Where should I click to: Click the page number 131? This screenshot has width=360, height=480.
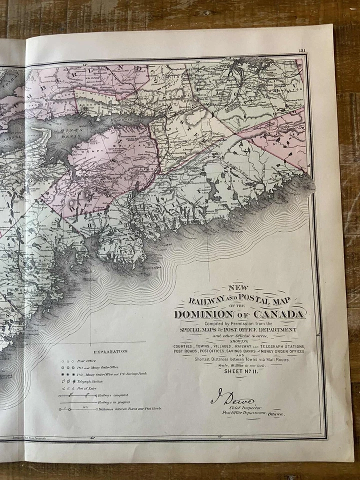click(301, 50)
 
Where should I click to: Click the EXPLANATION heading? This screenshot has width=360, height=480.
click(111, 351)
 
